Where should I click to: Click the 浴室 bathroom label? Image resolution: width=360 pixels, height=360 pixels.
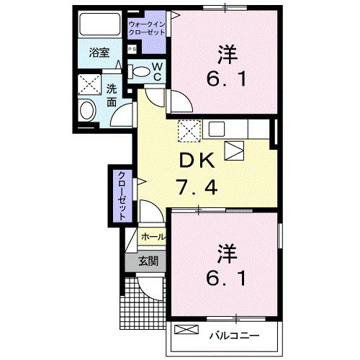point(99,53)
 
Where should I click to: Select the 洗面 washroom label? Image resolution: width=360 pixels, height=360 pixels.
point(112,95)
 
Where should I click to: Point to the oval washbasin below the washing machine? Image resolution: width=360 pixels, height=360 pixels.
point(87,112)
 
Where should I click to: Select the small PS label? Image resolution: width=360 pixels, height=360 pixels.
point(132,49)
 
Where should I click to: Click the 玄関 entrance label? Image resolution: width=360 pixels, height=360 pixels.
point(148,261)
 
